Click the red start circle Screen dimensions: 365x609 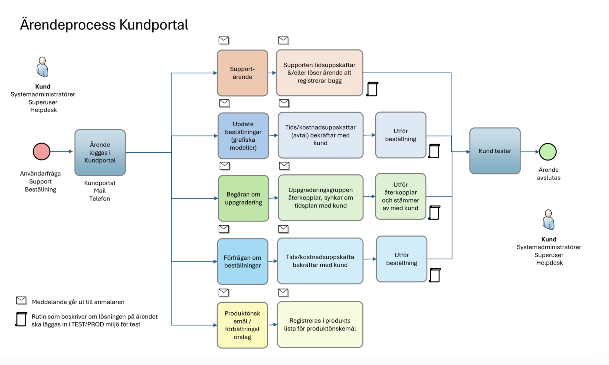click(42, 152)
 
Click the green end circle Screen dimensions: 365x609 click(548, 152)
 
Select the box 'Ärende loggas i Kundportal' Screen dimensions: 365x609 click(100, 152)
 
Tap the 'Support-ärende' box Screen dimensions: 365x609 click(243, 73)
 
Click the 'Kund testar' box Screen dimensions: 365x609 click(495, 151)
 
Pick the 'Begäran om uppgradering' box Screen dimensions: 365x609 click(243, 198)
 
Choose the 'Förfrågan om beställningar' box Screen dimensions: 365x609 click(243, 262)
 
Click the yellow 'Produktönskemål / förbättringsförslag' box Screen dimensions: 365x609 click(242, 325)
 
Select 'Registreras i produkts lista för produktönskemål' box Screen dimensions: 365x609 click(320, 324)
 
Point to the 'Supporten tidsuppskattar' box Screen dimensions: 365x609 click(319, 73)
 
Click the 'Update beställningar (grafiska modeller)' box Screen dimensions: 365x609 click(243, 136)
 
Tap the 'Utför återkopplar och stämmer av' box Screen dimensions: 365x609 click(401, 196)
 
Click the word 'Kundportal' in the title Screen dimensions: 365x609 click(153, 25)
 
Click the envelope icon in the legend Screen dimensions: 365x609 click(21, 300)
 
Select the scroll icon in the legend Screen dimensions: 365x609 click(21, 319)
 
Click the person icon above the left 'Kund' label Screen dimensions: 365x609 click(42, 67)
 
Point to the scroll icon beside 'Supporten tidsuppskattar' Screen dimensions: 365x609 click(372, 89)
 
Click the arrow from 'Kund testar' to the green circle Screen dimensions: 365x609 click(530, 152)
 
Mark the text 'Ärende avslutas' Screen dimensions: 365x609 click(548, 174)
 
